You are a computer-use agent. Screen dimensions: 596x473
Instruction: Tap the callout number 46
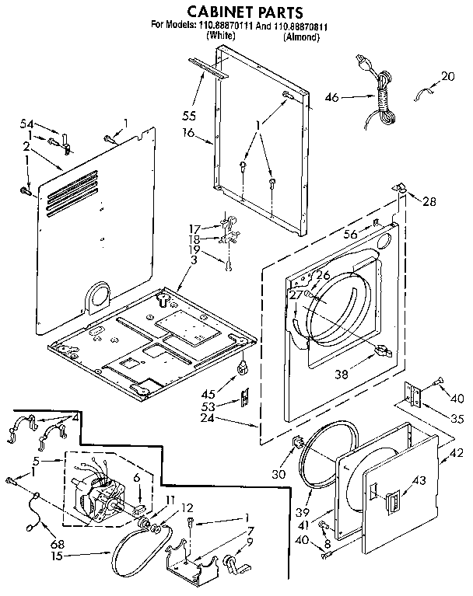pos(332,97)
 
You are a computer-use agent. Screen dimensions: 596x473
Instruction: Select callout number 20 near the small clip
pos(447,76)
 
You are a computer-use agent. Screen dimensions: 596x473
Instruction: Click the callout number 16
pos(189,134)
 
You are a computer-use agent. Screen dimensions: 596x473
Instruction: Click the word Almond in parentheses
pos(301,37)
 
